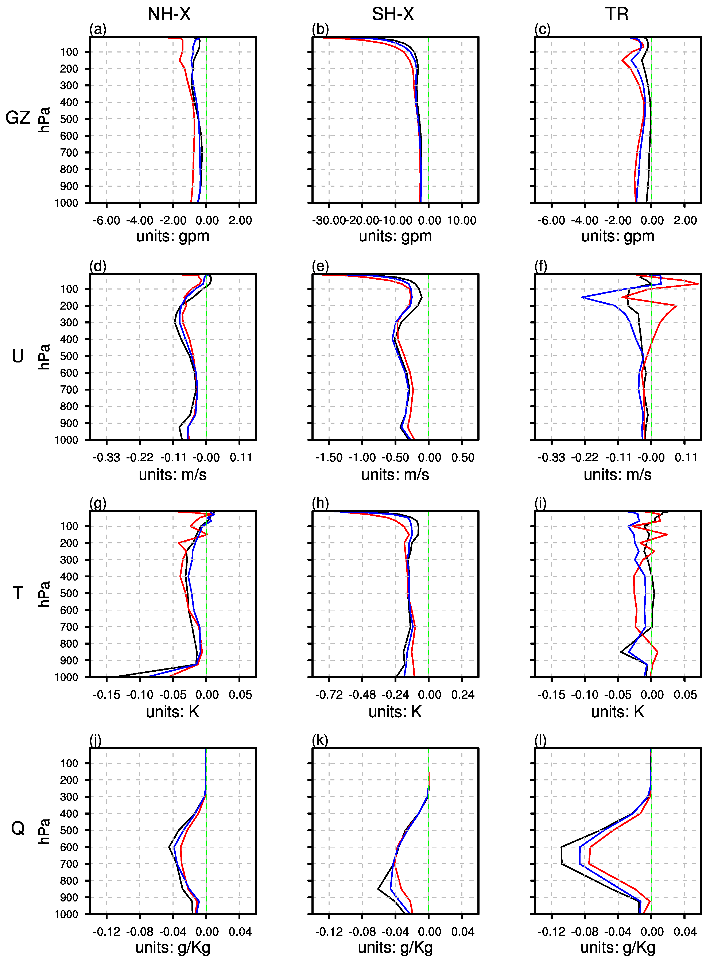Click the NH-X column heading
tap(169, 14)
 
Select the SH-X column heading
tap(392, 14)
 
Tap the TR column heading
tap(617, 14)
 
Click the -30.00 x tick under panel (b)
tap(329, 221)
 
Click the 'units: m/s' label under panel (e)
tap(395, 474)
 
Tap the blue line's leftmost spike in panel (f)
tap(582, 297)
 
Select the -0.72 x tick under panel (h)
tap(329, 695)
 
